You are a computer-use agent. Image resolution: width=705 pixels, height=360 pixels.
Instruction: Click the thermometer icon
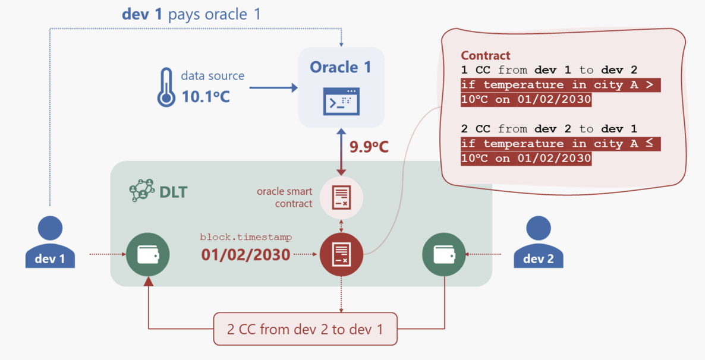(166, 87)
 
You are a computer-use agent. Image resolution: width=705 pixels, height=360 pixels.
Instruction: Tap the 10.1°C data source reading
(205, 96)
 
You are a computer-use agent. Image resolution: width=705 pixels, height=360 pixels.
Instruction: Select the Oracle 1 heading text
(341, 67)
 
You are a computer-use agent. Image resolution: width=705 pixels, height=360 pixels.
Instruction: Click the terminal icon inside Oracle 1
(341, 101)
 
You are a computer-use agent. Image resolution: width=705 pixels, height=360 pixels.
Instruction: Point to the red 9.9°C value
(369, 146)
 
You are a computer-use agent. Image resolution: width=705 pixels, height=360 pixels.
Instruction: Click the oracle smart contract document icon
(341, 198)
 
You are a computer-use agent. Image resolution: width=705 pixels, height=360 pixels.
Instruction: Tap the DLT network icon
(142, 191)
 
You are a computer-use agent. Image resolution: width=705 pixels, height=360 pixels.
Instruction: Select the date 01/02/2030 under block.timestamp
(246, 254)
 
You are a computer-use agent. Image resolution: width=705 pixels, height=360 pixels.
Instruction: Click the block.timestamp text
(246, 237)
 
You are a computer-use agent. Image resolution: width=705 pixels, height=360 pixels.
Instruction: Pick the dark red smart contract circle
(341, 254)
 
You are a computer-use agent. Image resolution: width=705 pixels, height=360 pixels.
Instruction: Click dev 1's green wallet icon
(148, 254)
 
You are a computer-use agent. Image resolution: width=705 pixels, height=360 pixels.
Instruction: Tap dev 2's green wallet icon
(443, 254)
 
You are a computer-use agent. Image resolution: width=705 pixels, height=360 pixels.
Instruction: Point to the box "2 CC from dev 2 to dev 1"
(305, 329)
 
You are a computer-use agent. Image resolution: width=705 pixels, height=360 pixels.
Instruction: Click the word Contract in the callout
(485, 56)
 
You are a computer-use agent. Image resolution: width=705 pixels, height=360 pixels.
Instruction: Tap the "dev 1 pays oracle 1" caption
(191, 14)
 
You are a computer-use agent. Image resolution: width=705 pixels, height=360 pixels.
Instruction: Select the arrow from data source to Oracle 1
(273, 88)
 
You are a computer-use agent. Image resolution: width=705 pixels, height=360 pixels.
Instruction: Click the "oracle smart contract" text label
(285, 197)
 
